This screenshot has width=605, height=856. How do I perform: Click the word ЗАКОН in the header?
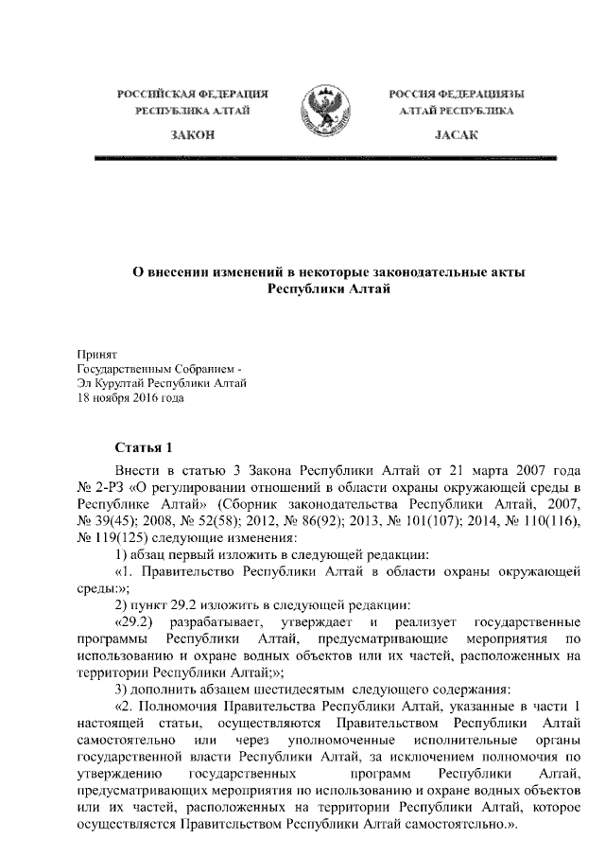coord(191,136)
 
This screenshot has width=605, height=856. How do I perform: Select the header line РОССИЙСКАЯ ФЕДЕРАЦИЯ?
coord(192,95)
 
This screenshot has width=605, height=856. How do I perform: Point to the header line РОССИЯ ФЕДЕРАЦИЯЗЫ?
coord(458,95)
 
